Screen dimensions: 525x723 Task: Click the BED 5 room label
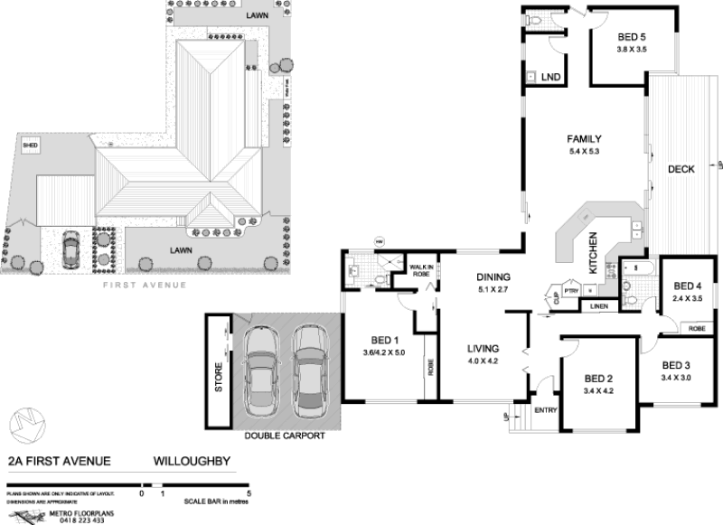(632, 37)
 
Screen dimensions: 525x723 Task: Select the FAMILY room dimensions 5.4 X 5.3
(585, 152)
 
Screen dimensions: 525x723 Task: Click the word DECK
(681, 169)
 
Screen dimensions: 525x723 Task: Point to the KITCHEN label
(594, 254)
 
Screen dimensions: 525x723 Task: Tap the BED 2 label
(598, 379)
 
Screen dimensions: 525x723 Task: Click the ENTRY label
(546, 409)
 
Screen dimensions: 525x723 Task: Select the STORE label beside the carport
(218, 378)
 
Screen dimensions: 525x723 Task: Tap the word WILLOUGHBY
(192, 461)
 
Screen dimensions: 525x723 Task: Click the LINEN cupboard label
(600, 307)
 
